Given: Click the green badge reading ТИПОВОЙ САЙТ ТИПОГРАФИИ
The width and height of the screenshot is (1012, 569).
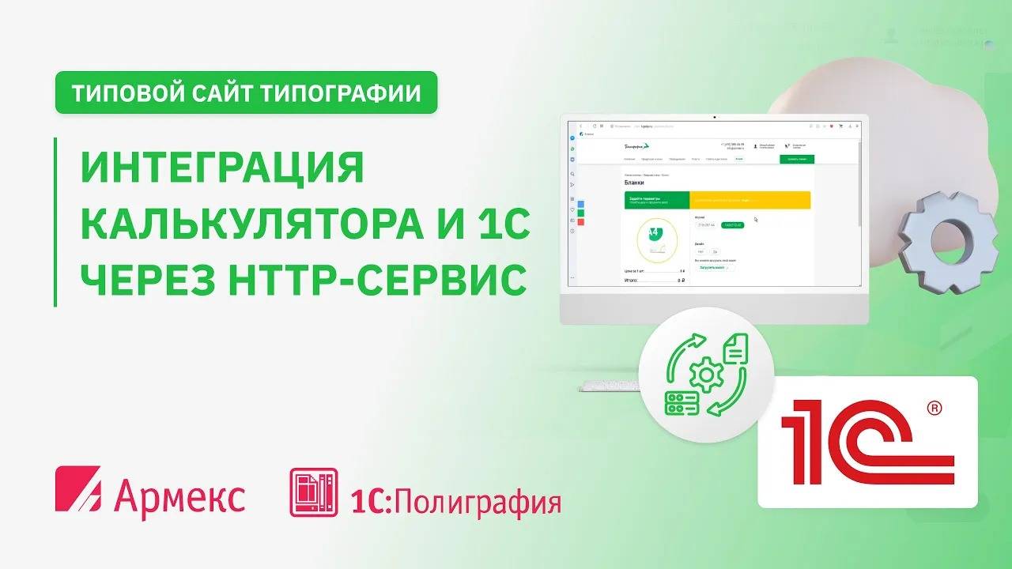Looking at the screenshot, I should pyautogui.click(x=246, y=93).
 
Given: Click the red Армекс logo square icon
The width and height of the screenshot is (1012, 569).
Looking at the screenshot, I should pyautogui.click(x=78, y=491).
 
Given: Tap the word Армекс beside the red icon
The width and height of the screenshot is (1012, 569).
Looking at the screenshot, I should pyautogui.click(x=179, y=493).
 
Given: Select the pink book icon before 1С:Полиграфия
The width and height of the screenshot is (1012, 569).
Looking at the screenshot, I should pyautogui.click(x=313, y=492).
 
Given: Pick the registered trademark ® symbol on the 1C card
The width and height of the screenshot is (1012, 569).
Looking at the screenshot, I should pyautogui.click(x=935, y=408).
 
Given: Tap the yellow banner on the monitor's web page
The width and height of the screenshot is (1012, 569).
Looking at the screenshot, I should pyautogui.click(x=750, y=200).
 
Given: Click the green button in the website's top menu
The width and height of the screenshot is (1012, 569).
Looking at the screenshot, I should pyautogui.click(x=796, y=159).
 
